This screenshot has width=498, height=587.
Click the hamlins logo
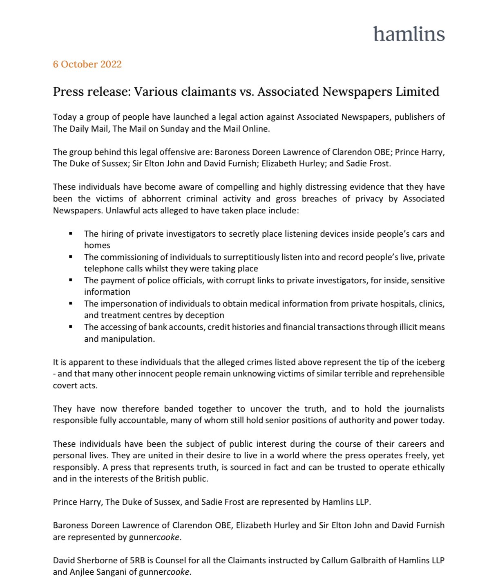(x=409, y=34)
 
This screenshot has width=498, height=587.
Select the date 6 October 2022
(x=87, y=64)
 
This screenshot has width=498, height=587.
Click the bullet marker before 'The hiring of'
(x=71, y=233)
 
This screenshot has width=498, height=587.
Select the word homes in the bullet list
(x=97, y=245)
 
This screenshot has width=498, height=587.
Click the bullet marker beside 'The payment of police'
(x=71, y=280)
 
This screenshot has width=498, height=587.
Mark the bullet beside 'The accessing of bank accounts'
(x=71, y=327)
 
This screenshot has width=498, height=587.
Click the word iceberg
(x=429, y=362)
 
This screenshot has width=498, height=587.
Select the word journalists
(x=424, y=409)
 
